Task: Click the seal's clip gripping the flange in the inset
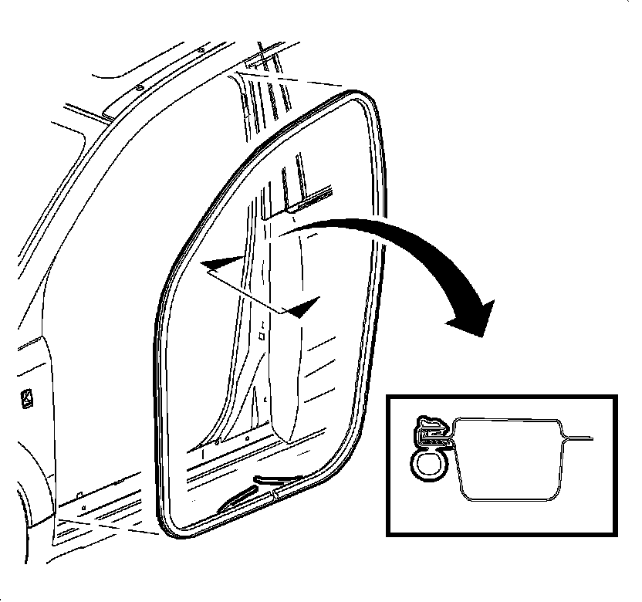(433, 432)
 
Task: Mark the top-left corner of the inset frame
(388, 398)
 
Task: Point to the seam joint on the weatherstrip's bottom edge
(273, 490)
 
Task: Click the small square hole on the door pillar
(262, 336)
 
